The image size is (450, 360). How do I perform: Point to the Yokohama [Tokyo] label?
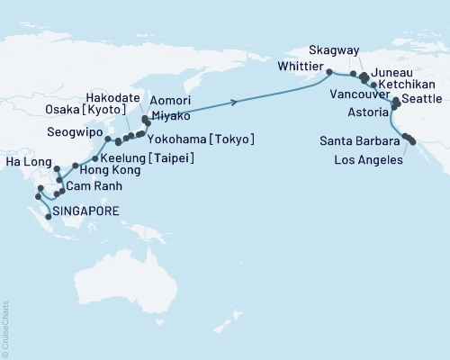click(208, 139)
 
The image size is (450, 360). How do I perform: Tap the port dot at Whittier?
click(328, 72)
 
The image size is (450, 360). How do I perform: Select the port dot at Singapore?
click(48, 217)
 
